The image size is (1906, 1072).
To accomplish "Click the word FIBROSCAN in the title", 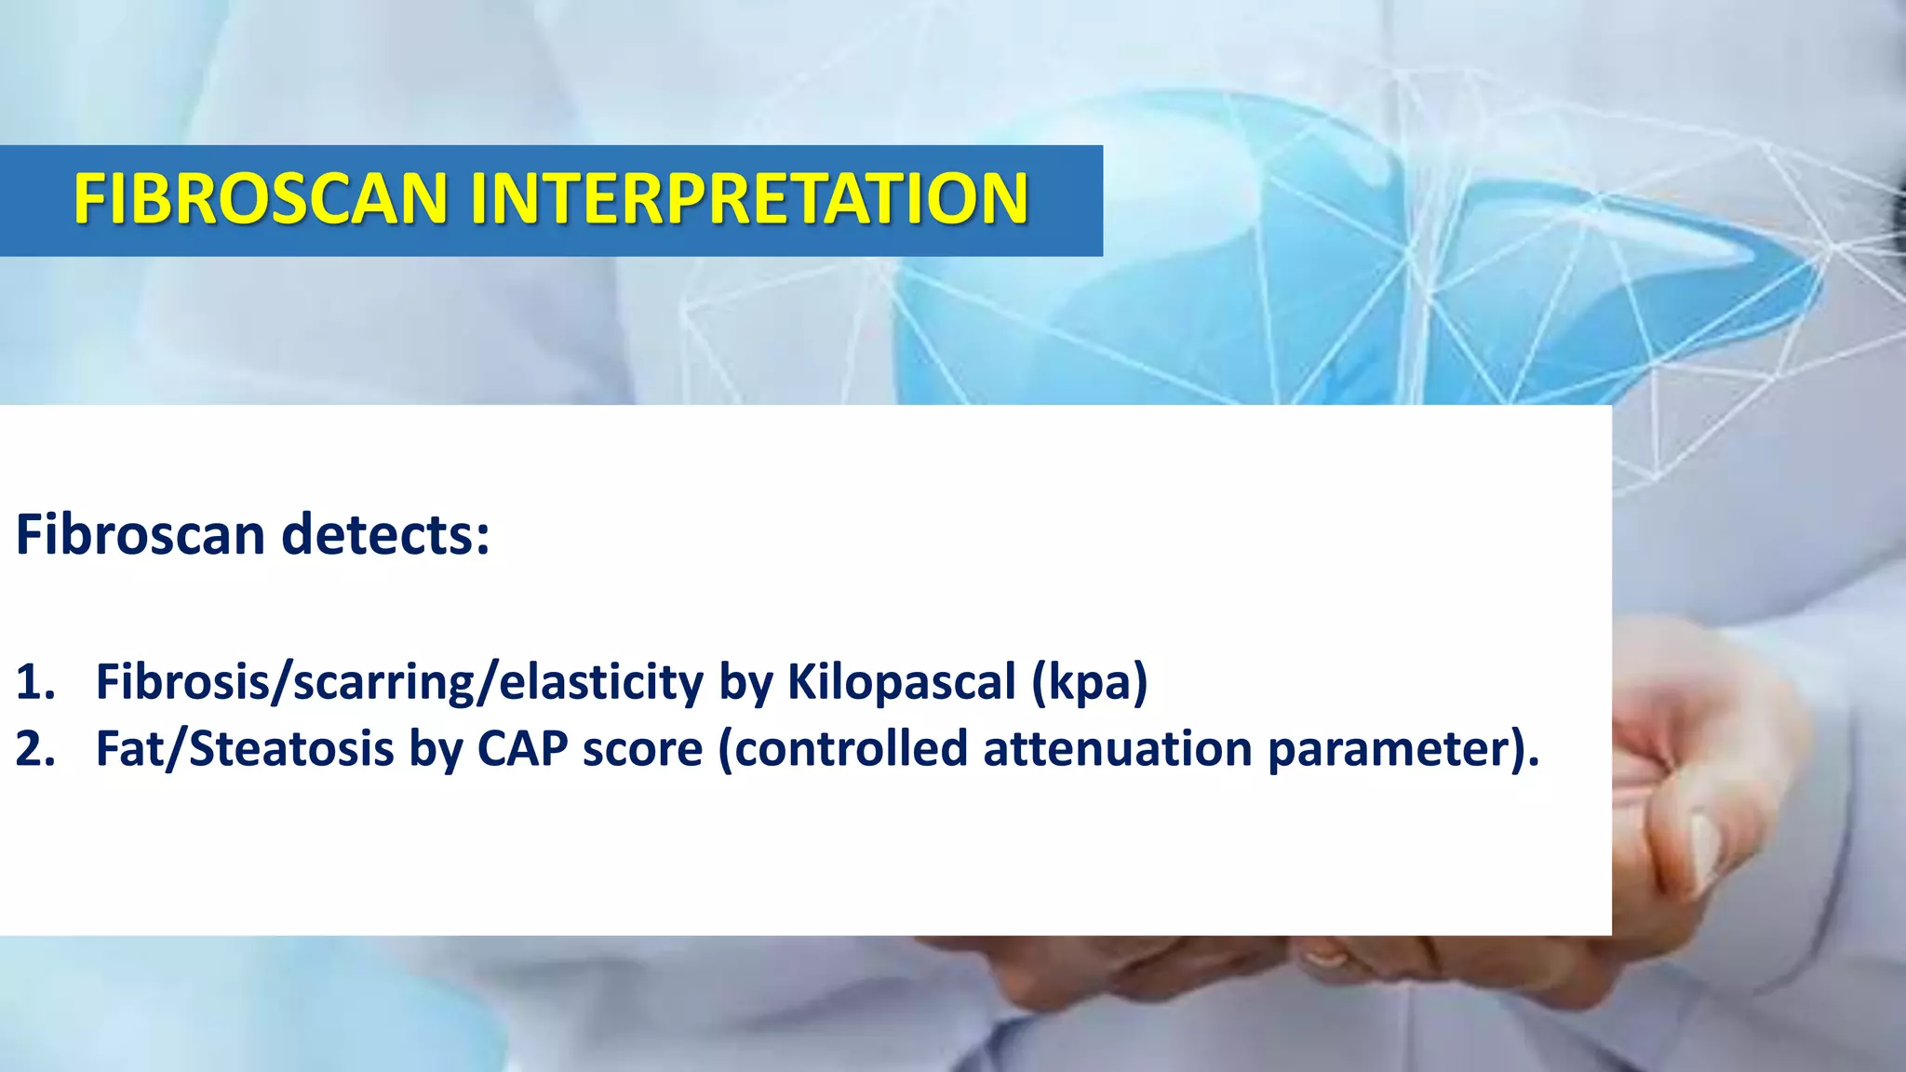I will click(x=262, y=199).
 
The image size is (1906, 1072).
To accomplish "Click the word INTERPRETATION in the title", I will click(x=749, y=199).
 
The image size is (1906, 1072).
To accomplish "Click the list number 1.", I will click(x=34, y=682).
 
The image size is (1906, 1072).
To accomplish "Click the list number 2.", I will click(x=34, y=749).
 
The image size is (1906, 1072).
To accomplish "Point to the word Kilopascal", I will click(x=901, y=682).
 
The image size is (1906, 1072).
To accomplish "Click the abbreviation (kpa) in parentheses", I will click(x=1089, y=682).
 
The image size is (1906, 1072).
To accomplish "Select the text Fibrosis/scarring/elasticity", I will click(x=399, y=682).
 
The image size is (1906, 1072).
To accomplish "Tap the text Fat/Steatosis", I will click(x=244, y=749).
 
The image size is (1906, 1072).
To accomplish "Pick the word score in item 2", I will click(x=642, y=749).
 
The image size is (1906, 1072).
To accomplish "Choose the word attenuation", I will click(x=1118, y=749).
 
